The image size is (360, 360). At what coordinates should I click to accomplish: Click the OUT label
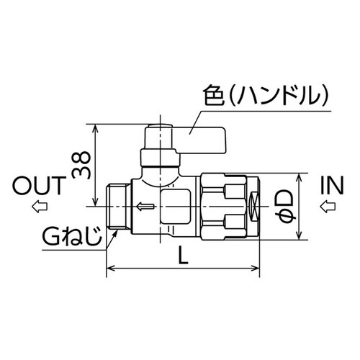pyautogui.click(x=37, y=188)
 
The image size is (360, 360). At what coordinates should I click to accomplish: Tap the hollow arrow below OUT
pyautogui.click(x=37, y=208)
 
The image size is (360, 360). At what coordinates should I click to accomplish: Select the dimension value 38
pyautogui.click(x=81, y=164)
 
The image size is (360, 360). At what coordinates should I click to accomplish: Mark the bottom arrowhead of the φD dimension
pyautogui.click(x=299, y=236)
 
